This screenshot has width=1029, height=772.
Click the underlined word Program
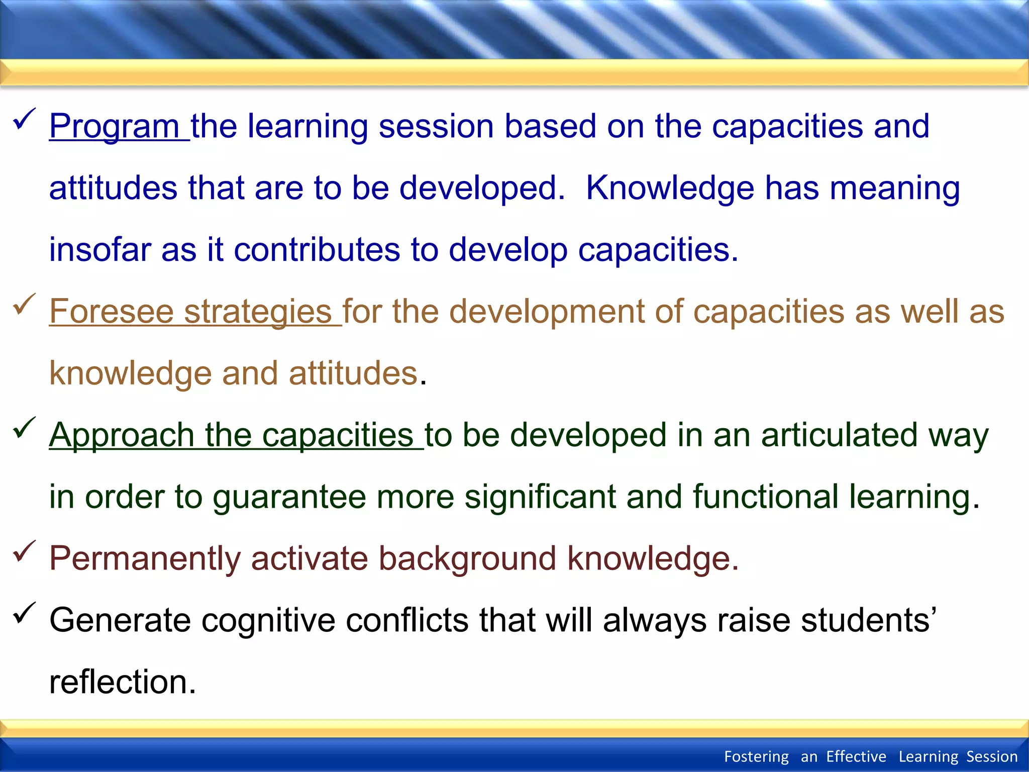click(x=114, y=126)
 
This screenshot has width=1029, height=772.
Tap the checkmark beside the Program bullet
click(x=24, y=119)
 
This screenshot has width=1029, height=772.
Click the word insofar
click(x=100, y=250)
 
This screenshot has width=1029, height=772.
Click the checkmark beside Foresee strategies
click(x=24, y=304)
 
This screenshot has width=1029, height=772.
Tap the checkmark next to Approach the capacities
click(x=24, y=428)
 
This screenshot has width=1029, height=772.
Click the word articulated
click(x=839, y=435)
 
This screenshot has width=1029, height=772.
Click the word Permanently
click(x=145, y=559)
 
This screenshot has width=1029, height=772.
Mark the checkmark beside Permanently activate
click(x=24, y=551)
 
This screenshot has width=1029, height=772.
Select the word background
click(x=467, y=559)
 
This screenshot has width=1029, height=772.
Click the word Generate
click(x=120, y=620)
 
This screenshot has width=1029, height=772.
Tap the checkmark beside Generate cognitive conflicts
click(x=24, y=613)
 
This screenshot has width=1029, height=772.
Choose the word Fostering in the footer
click(x=756, y=756)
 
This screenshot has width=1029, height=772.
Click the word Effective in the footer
click(x=856, y=756)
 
